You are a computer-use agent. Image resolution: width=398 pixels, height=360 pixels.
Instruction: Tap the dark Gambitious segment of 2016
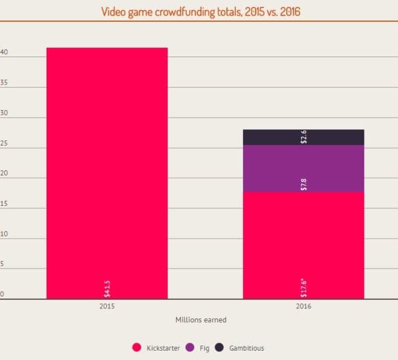[x=303, y=137]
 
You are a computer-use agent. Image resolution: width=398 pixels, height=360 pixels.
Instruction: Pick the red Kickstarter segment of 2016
[x=303, y=245]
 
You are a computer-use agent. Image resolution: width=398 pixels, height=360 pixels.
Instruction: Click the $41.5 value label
[x=107, y=288]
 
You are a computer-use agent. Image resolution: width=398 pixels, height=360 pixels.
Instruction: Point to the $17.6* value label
[x=303, y=287]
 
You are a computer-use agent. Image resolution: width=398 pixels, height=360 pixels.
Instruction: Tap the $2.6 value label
[x=303, y=137]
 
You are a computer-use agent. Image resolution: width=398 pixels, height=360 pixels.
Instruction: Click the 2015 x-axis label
[x=107, y=307]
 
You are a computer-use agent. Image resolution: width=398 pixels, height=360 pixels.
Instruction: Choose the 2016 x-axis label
[x=303, y=307]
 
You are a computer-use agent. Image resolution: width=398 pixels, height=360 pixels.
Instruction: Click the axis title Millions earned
[x=201, y=320]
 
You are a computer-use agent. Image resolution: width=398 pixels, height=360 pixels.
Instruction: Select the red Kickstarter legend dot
[x=137, y=348]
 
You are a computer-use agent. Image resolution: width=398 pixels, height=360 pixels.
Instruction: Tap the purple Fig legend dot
[x=190, y=348]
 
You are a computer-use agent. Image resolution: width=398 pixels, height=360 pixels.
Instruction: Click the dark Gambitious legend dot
[x=219, y=348]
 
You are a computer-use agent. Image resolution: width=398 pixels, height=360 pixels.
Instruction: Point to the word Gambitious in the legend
[x=246, y=348]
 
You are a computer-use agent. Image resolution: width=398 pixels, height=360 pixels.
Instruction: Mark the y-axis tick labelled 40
[x=4, y=53]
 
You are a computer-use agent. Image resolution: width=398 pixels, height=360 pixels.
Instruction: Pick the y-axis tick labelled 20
[x=4, y=173]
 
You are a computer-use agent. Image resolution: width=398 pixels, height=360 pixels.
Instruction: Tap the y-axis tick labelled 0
[x=2, y=294]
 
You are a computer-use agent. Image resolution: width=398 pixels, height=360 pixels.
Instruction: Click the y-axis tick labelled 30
[x=4, y=113]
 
